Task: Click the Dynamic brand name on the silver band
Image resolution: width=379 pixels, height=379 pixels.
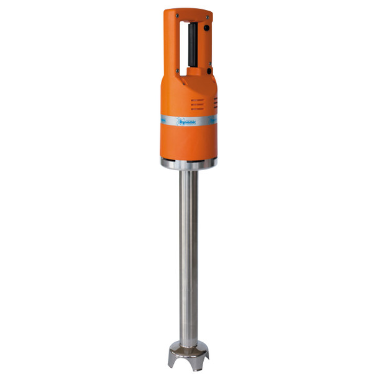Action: click(188, 123)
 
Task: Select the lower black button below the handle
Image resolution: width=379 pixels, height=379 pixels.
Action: click(208, 70)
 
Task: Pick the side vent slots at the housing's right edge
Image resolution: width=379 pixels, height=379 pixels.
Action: click(216, 102)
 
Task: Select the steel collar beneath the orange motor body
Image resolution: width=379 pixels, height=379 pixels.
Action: click(188, 163)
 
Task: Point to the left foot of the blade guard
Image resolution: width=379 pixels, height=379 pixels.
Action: click(173, 363)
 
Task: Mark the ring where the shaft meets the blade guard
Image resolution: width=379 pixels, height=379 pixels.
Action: click(189, 342)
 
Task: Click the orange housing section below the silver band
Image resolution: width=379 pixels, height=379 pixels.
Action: click(188, 143)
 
